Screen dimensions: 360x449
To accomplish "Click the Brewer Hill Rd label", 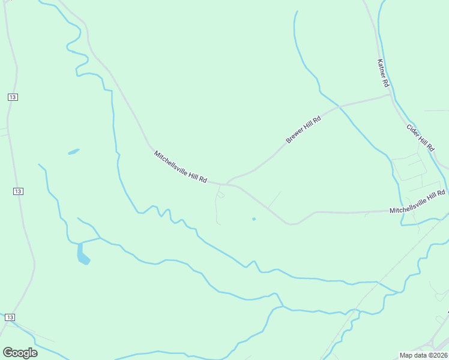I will (304, 130).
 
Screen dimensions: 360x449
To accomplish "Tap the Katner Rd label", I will (384, 73).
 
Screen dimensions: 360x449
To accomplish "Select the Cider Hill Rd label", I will (420, 137).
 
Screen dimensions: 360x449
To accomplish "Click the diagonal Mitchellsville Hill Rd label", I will (181, 167).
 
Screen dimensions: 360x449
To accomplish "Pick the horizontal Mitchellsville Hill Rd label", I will (417, 202).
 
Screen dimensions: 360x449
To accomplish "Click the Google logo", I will (20, 353).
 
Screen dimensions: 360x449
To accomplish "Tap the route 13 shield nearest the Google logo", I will (10, 316).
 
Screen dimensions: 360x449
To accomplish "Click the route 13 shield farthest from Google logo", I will (13, 97).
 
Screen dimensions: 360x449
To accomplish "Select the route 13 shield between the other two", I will (18, 191).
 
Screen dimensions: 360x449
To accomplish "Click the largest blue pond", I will (83, 254).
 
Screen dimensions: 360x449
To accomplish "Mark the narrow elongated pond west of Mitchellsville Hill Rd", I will (73, 151).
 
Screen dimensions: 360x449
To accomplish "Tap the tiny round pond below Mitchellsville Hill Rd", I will (254, 219).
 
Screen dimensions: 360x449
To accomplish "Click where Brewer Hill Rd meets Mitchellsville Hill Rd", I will (228, 182).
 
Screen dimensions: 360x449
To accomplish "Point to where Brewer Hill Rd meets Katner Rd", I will (390, 95).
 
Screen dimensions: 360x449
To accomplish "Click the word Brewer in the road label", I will (295, 136).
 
